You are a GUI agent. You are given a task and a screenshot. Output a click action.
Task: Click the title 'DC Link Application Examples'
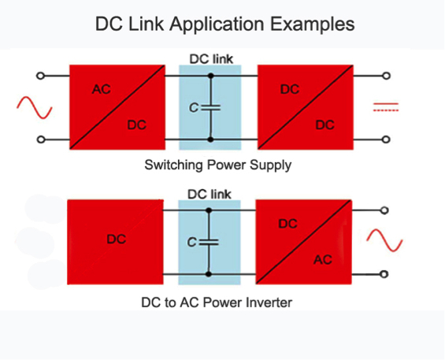pos(224,24)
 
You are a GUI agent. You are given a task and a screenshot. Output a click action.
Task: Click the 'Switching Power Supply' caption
pos(217,165)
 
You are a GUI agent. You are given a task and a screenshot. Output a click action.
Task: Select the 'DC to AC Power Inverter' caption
pos(217,302)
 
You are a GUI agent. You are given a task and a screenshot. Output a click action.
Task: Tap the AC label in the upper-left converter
pos(102,90)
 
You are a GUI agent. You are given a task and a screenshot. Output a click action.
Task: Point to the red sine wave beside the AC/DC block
pos(35,108)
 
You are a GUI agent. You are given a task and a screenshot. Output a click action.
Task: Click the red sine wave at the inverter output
pos(384,240)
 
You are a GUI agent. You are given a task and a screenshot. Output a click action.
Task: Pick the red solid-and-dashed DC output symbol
pos(386,107)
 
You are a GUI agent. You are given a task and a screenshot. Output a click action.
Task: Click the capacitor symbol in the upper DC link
pos(210,108)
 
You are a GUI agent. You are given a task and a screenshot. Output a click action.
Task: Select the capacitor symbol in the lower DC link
pos(209,242)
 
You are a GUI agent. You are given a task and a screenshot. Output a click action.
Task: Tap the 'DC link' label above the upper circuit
pos(211,59)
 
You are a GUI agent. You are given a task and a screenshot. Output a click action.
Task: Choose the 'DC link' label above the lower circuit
pos(210,195)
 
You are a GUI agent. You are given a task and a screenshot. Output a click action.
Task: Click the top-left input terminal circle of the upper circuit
pos(41,76)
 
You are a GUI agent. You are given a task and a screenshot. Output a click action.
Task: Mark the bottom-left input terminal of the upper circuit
pos(41,139)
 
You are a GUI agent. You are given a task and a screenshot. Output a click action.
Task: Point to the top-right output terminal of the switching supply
pos(386,76)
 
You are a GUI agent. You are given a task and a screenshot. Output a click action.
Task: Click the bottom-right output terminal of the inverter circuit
pos(384,274)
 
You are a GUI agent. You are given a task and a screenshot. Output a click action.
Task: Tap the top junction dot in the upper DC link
pos(210,76)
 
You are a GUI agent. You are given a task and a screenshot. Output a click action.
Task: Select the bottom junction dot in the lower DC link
pos(209,274)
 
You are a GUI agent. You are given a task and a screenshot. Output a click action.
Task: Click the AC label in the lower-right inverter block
pos(323,260)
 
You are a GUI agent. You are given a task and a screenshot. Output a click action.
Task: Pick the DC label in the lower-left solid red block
pos(117,239)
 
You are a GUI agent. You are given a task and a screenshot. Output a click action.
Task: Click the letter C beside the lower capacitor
pos(192,243)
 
